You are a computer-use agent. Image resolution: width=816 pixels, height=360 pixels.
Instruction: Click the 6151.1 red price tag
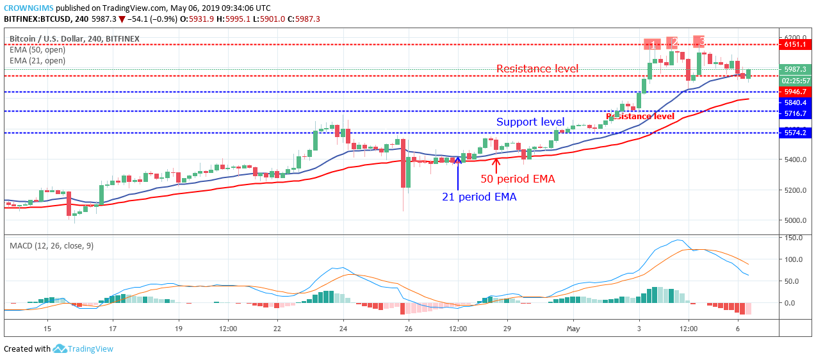[x=795, y=45]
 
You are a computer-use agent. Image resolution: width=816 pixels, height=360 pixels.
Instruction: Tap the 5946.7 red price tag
[x=795, y=92]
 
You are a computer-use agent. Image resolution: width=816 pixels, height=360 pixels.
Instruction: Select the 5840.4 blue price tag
[x=795, y=102]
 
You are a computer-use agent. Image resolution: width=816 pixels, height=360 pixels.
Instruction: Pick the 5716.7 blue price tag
[x=795, y=113]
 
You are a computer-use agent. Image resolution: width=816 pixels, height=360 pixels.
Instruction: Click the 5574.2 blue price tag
[x=795, y=133]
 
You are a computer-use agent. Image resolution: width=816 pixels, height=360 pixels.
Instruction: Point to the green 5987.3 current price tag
[x=795, y=69]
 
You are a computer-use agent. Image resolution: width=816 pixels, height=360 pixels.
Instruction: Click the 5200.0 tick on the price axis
[x=794, y=190]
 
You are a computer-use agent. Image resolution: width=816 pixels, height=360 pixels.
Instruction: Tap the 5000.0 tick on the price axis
[x=794, y=220]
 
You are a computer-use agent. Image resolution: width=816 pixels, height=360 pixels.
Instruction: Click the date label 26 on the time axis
[x=409, y=328]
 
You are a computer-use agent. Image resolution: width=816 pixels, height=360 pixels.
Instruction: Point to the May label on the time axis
[x=573, y=328]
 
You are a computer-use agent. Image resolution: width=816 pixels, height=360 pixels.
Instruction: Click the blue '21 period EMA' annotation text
[x=479, y=197]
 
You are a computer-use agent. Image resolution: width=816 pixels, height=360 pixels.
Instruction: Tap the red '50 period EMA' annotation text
[x=518, y=179]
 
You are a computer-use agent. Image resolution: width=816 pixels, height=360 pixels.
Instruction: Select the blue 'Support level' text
[x=530, y=122]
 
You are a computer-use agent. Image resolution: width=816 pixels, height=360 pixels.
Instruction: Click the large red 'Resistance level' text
[x=537, y=69]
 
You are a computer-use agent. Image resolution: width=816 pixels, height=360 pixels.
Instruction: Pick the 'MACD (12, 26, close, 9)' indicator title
[x=51, y=245]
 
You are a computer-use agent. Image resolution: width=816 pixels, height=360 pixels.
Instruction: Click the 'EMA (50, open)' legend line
[x=37, y=50]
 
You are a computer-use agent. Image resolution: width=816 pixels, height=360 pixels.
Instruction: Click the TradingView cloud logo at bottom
[x=60, y=348]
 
